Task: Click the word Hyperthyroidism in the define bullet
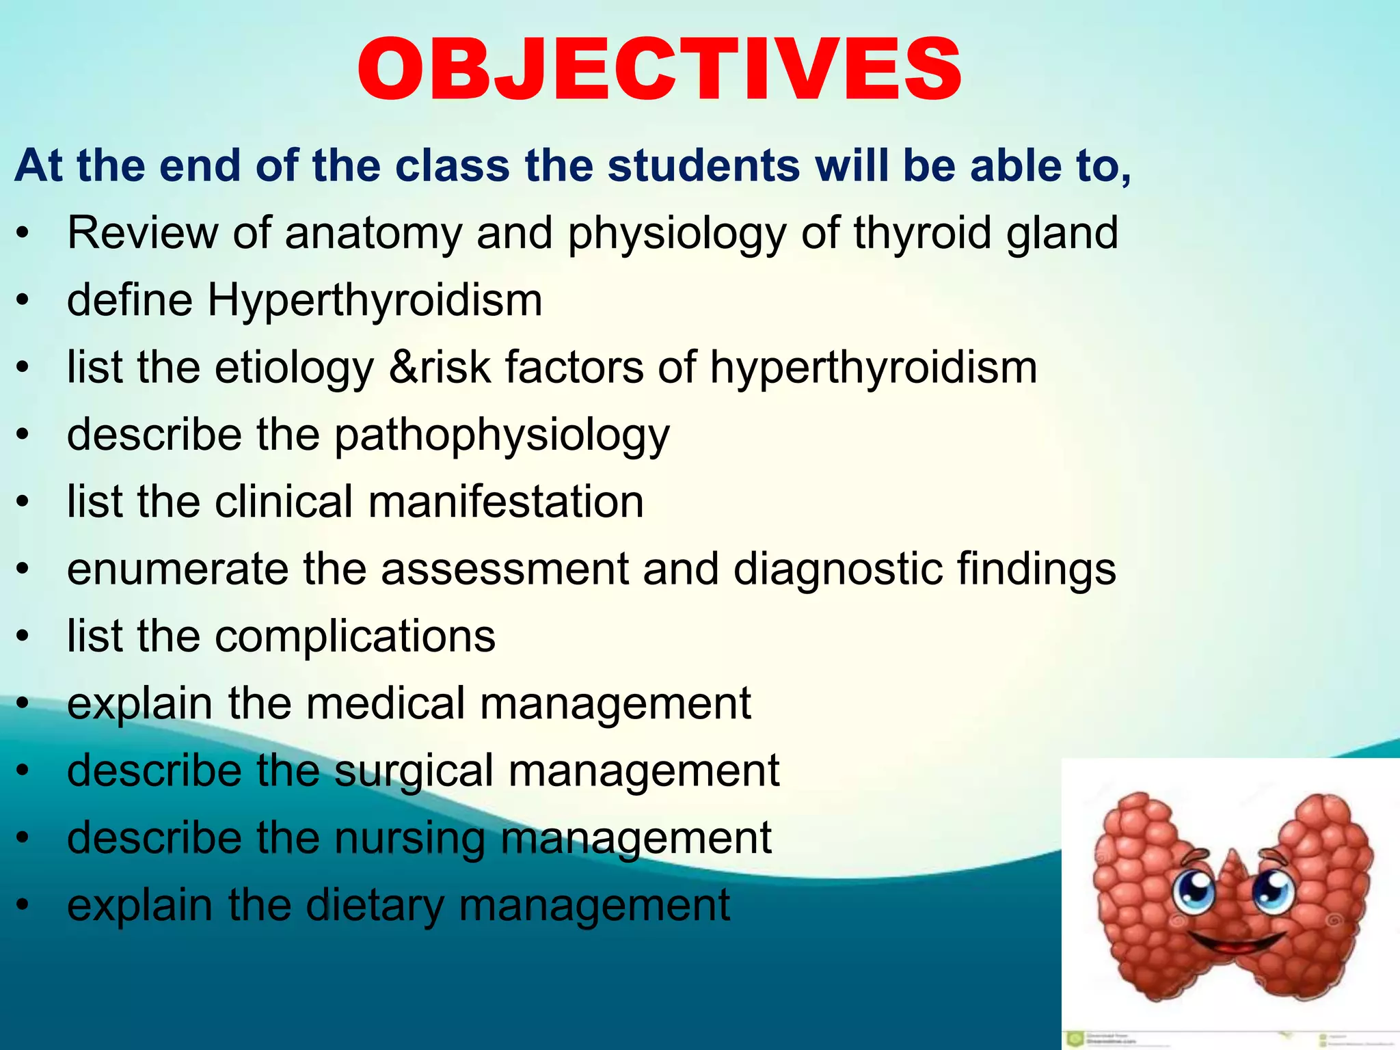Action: pos(375,300)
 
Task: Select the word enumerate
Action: pos(178,569)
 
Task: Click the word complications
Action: pos(355,636)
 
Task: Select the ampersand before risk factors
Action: pos(403,367)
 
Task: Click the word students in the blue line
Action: pos(703,166)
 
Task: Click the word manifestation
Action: pos(506,502)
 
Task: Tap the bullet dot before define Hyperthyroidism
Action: pos(24,300)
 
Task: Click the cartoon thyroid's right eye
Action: pos(1272,889)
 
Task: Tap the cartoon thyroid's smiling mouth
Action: pos(1235,947)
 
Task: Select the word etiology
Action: pos(295,367)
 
